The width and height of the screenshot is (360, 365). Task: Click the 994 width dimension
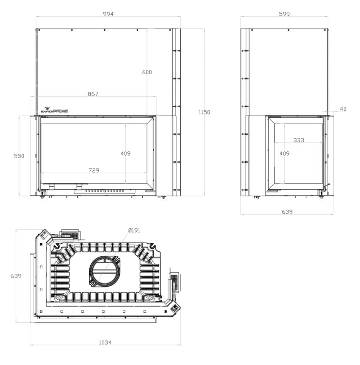(108, 14)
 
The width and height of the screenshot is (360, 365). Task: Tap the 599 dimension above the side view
(284, 14)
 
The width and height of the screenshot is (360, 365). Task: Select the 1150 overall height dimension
(204, 112)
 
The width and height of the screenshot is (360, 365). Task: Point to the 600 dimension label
(147, 72)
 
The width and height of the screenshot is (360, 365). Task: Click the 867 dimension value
(93, 94)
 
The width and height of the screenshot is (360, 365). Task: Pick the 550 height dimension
(19, 156)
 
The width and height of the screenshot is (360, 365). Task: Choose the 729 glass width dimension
(94, 170)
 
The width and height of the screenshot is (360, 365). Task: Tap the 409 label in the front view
(126, 153)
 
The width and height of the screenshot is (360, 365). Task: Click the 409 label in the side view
(284, 153)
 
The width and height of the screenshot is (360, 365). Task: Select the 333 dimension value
(298, 140)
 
